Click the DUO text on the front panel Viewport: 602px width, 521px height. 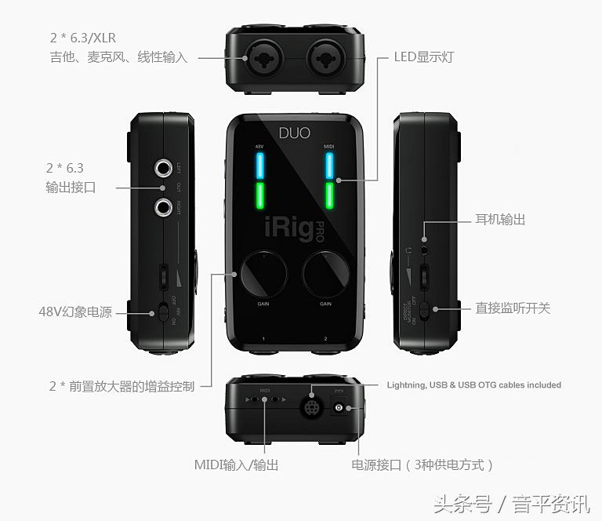point(295,133)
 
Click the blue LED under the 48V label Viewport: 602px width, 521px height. point(260,166)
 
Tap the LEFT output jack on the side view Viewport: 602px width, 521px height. point(163,168)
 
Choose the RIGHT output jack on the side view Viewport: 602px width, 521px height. point(163,207)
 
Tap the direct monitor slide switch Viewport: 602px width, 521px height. point(424,310)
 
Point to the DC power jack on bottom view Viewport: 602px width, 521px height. point(340,407)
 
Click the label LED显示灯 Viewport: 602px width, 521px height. point(423,57)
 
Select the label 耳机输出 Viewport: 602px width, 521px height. point(500,220)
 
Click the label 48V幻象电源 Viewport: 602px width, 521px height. point(75,312)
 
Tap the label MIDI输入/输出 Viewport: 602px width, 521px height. point(236,465)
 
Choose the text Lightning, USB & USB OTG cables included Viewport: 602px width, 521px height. point(473,385)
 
